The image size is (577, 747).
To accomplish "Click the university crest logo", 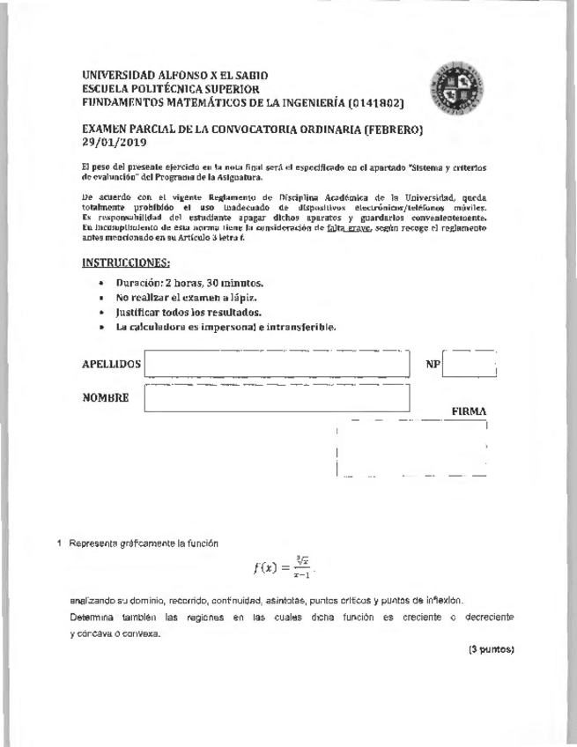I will pos(453,92).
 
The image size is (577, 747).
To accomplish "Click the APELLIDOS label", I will pos(111,364).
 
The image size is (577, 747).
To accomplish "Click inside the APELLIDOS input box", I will pos(277,364).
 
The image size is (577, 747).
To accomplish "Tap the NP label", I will pos(432,364).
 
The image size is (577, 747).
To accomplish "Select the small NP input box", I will pos(470,364).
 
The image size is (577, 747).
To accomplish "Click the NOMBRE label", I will pos(106,397).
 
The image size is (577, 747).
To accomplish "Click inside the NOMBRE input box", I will pos(277,397).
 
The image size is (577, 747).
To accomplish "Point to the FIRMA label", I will pos(470,411).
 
